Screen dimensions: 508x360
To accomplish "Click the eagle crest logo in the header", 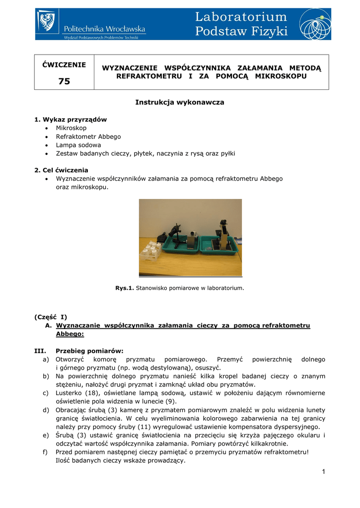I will [x=48, y=22].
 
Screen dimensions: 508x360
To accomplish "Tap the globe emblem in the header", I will [x=314, y=24].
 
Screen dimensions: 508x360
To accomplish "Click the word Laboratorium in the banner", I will [x=241, y=17].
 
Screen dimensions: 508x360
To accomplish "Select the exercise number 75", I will [x=64, y=81].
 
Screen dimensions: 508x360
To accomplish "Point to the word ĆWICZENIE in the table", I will [x=64, y=64].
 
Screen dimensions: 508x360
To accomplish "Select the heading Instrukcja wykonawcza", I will [x=180, y=102].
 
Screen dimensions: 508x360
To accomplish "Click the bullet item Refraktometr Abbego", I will [x=88, y=136].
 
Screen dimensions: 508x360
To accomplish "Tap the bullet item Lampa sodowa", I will [x=78, y=145].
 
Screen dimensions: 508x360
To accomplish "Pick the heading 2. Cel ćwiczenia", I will [x=61, y=170].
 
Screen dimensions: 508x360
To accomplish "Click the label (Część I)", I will [x=51, y=317].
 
